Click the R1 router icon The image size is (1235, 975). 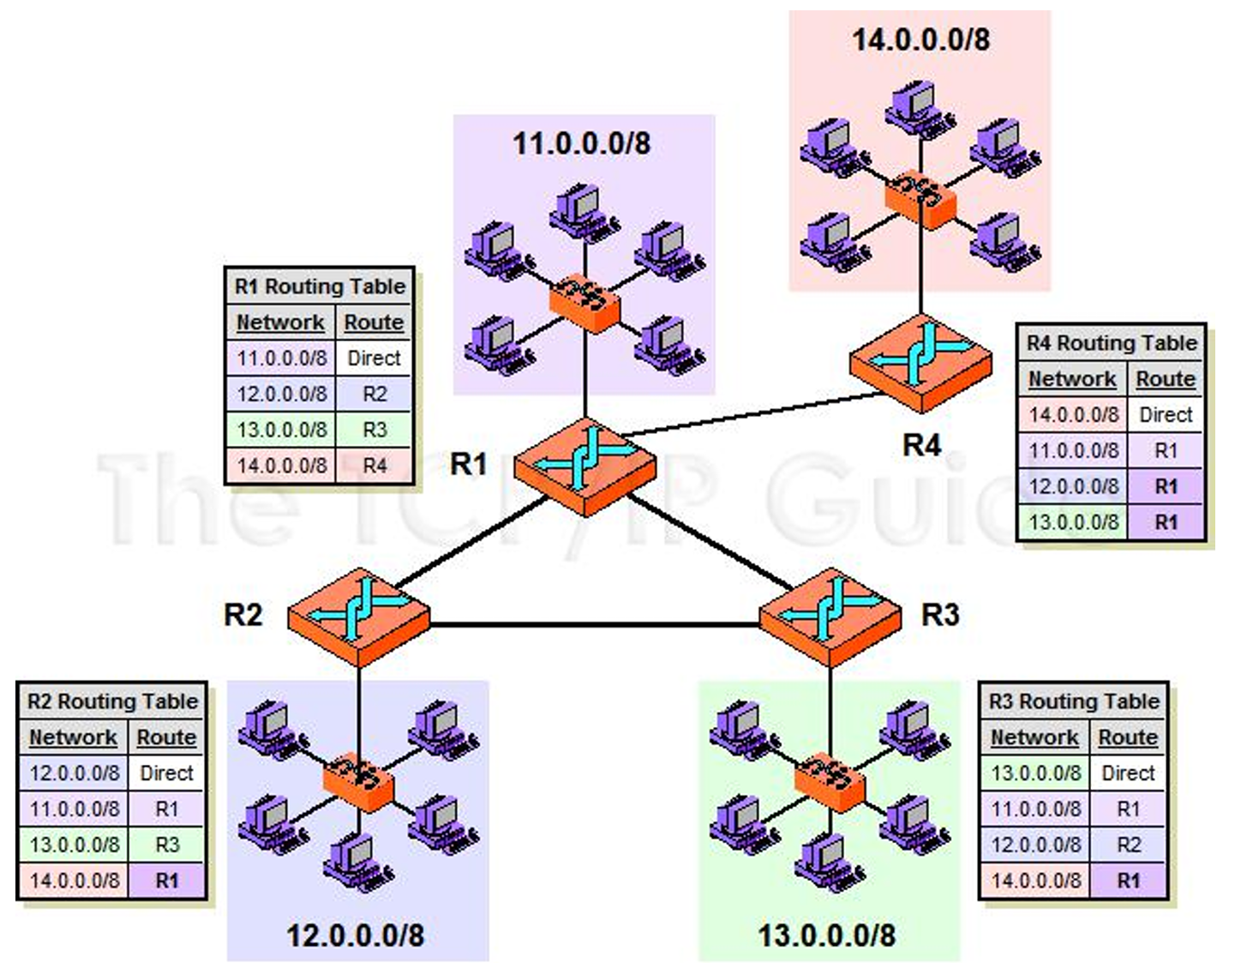coord(585,466)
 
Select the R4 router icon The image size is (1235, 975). coord(920,363)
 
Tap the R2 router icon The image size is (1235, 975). coord(359,617)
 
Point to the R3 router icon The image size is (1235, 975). coord(830,617)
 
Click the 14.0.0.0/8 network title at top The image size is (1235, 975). coord(921,39)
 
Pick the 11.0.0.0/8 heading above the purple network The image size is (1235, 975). coord(582,143)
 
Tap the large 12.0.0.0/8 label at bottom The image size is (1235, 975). coord(355,936)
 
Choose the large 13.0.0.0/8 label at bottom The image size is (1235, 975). coord(827,936)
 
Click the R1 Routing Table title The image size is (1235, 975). coord(321,286)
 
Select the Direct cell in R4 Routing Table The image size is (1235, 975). coord(1166,414)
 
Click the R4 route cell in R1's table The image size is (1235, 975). coord(375,465)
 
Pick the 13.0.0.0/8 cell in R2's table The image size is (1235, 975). coord(75,845)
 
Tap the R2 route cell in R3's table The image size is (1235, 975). coord(1128,845)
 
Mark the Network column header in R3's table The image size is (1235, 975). coord(1034,737)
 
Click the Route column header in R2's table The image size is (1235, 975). coord(166,737)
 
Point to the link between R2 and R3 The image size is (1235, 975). coord(595,625)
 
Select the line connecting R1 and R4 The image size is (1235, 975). coord(752,414)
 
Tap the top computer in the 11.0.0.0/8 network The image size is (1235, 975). coord(584,213)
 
